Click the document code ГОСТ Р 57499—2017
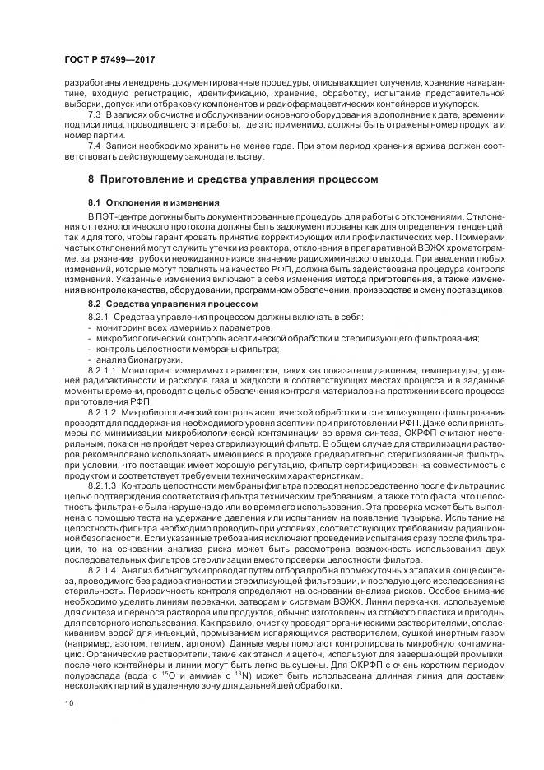click(109, 60)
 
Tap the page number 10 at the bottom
click(69, 703)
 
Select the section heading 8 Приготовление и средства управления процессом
click(233, 179)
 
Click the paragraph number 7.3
click(95, 115)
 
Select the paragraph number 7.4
click(95, 146)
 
